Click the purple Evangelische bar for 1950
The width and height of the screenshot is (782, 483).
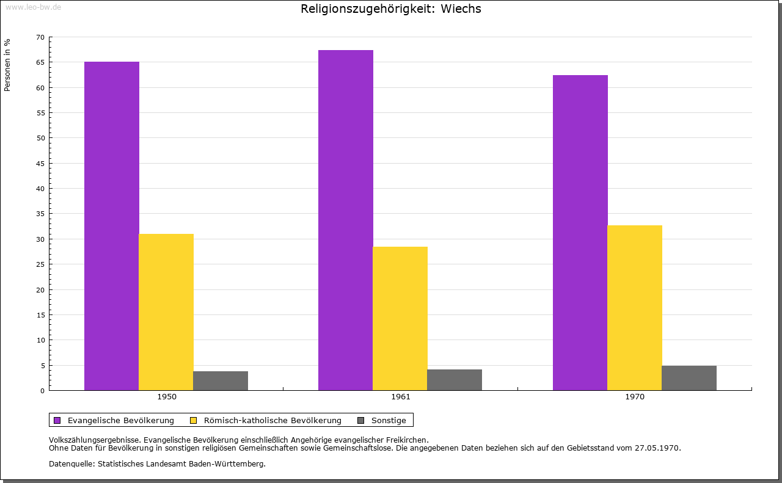click(112, 226)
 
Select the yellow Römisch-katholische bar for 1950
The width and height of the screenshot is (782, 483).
click(166, 312)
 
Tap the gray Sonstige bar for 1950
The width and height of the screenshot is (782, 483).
click(221, 380)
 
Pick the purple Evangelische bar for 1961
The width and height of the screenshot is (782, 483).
click(346, 220)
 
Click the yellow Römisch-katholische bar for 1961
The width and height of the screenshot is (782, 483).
click(400, 318)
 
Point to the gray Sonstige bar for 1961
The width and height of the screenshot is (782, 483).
click(455, 380)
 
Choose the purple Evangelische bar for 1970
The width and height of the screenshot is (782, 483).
click(580, 233)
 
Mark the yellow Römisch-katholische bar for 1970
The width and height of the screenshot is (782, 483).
click(635, 308)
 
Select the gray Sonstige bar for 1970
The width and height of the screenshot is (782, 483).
click(689, 378)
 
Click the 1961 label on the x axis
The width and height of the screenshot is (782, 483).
click(401, 397)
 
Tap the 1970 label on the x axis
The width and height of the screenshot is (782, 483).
click(635, 397)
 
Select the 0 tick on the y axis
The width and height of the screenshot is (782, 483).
click(42, 391)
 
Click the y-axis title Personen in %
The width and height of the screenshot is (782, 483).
click(7, 65)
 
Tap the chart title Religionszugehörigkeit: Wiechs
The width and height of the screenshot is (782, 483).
click(391, 9)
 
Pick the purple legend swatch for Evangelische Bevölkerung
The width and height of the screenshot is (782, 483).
click(57, 420)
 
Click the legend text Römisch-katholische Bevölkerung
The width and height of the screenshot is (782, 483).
click(272, 420)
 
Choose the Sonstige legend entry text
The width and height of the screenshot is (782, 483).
click(389, 420)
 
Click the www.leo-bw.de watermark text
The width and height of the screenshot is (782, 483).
click(32, 7)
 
